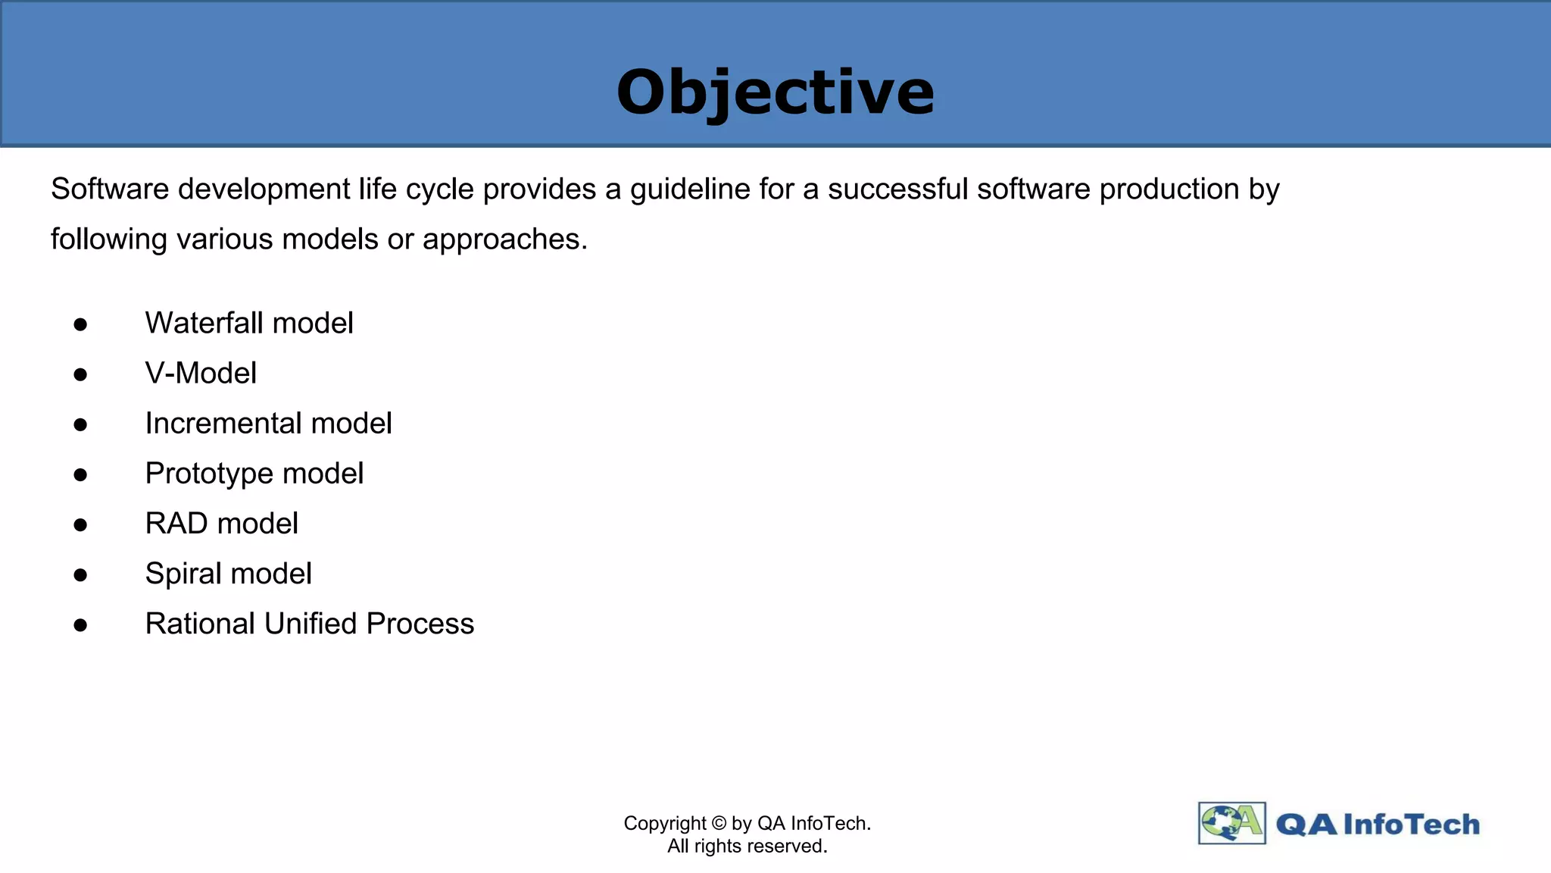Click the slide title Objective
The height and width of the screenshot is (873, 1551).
click(775, 92)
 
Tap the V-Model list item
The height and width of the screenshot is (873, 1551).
click(201, 374)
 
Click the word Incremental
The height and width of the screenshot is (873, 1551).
click(223, 424)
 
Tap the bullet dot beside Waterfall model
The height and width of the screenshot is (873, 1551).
click(80, 325)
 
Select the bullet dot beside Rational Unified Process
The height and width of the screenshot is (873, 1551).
click(80, 625)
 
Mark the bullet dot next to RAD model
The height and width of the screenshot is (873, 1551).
click(80, 525)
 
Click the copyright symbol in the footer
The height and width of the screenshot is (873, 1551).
click(719, 824)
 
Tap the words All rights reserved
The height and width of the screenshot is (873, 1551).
click(747, 846)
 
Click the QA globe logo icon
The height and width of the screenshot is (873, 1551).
click(1231, 823)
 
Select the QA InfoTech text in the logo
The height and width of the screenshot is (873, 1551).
click(1378, 824)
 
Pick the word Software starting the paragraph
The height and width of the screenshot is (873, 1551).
click(110, 189)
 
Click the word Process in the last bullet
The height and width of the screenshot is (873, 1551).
click(420, 624)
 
